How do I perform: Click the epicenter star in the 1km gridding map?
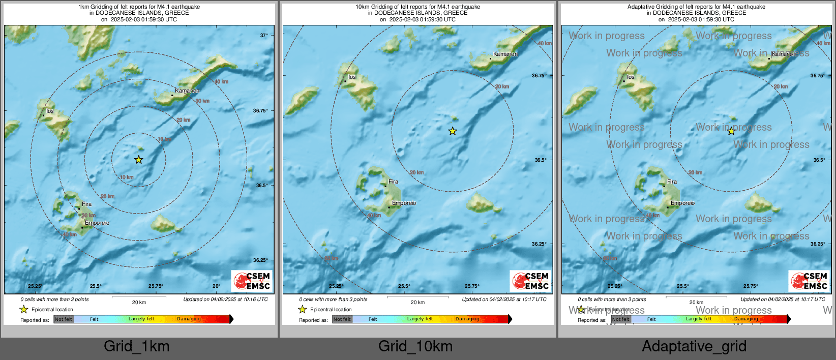click(x=139, y=160)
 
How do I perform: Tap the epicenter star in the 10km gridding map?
click(x=453, y=131)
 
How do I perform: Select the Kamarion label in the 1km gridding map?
click(x=187, y=91)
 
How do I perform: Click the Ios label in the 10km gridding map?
click(x=352, y=77)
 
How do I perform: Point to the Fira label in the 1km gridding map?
click(x=87, y=204)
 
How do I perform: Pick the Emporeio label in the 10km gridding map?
click(x=404, y=203)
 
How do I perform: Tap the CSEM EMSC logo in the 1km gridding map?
click(x=252, y=281)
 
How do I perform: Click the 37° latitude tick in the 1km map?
click(x=264, y=36)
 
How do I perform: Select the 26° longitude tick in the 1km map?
click(x=216, y=286)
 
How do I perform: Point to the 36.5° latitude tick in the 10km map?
click(x=540, y=160)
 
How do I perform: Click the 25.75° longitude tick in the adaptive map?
click(x=751, y=286)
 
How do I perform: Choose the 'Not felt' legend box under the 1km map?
click(x=64, y=319)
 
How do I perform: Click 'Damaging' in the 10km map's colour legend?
click(x=467, y=319)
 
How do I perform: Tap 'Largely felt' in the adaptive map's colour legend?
click(x=699, y=319)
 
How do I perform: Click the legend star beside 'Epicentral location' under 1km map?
click(x=23, y=309)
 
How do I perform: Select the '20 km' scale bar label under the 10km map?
click(x=417, y=302)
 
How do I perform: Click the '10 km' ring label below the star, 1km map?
click(x=127, y=177)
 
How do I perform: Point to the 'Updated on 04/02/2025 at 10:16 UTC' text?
click(x=225, y=299)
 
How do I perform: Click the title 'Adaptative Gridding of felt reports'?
click(x=696, y=7)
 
